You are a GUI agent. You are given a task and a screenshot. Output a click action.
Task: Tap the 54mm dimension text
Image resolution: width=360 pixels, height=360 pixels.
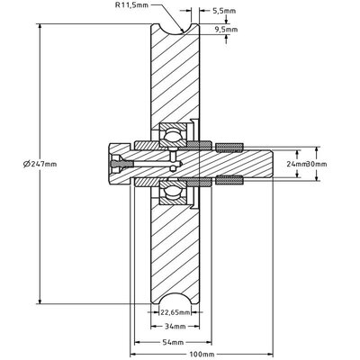coord(173,342)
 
